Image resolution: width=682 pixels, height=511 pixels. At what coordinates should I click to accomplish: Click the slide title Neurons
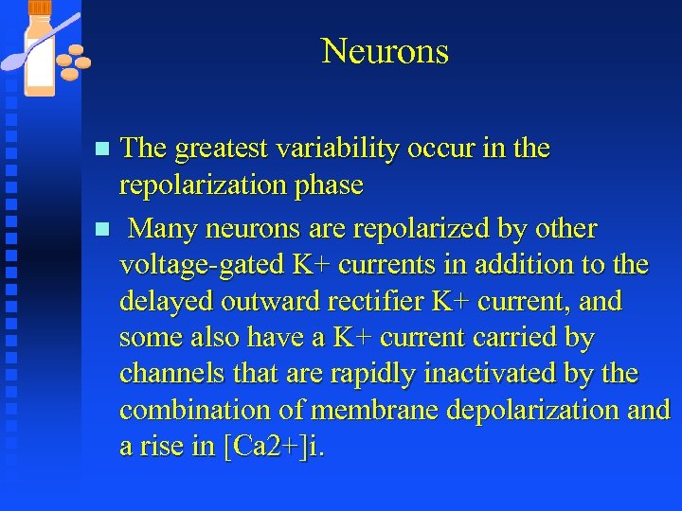tap(385, 51)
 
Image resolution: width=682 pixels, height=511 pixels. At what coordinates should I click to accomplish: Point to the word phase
tap(330, 185)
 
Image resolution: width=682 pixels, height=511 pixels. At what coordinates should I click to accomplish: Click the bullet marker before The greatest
tap(104, 150)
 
